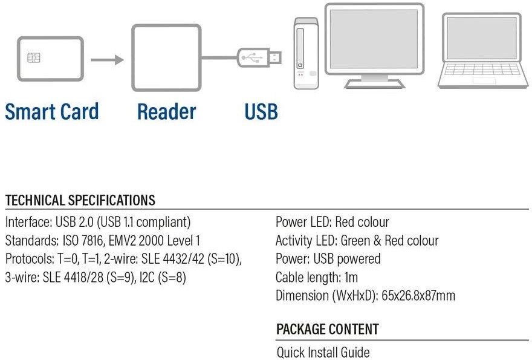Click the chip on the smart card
(34, 57)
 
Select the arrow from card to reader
(107, 59)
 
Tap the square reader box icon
(166, 57)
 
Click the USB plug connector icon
(259, 58)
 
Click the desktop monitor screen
(374, 39)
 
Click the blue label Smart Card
(52, 112)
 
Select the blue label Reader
(166, 112)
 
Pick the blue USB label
(261, 112)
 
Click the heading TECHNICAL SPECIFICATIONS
(80, 201)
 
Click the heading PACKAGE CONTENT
(327, 330)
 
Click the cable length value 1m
(351, 278)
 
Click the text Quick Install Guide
(323, 352)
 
